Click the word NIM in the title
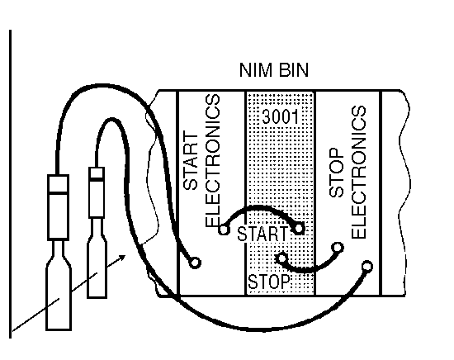[255, 70]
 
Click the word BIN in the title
[294, 70]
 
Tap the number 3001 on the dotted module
[280, 116]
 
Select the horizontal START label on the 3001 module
[262, 234]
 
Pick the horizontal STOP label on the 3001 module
[269, 282]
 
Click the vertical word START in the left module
[191, 161]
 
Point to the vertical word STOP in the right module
[337, 173]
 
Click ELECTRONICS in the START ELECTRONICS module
[213, 160]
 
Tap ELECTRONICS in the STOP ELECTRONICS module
[359, 172]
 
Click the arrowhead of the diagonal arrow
[123, 257]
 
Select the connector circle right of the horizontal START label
[299, 229]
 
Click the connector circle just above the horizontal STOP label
[282, 258]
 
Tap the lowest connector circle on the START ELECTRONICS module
[195, 263]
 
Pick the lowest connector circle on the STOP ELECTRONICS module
[367, 266]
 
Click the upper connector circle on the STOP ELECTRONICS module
[338, 248]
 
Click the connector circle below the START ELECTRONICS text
[224, 230]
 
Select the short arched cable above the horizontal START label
[260, 206]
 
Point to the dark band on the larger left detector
[59, 192]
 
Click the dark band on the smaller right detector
[97, 179]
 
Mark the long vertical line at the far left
[11, 183]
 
